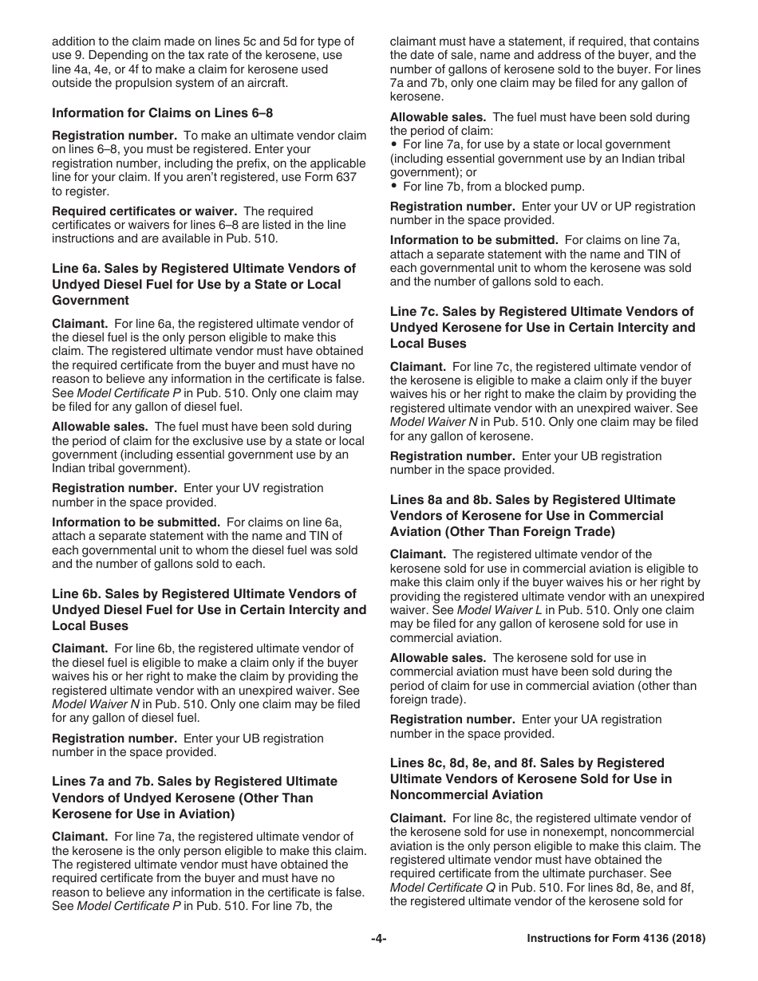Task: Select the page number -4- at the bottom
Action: coord(378,939)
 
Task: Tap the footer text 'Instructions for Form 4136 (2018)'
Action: coord(616,939)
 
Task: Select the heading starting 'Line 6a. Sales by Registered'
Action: coord(203,285)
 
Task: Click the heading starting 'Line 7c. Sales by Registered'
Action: coord(543,328)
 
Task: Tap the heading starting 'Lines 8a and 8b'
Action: coord(532,516)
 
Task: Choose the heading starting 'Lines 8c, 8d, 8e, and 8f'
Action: coord(531,779)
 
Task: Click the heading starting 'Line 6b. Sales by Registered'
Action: coord(209,610)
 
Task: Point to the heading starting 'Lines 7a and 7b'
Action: coord(195,798)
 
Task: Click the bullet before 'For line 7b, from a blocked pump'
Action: coord(394,187)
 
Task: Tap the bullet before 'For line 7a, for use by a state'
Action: coord(394,144)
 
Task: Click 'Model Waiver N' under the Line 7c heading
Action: coord(428,422)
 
